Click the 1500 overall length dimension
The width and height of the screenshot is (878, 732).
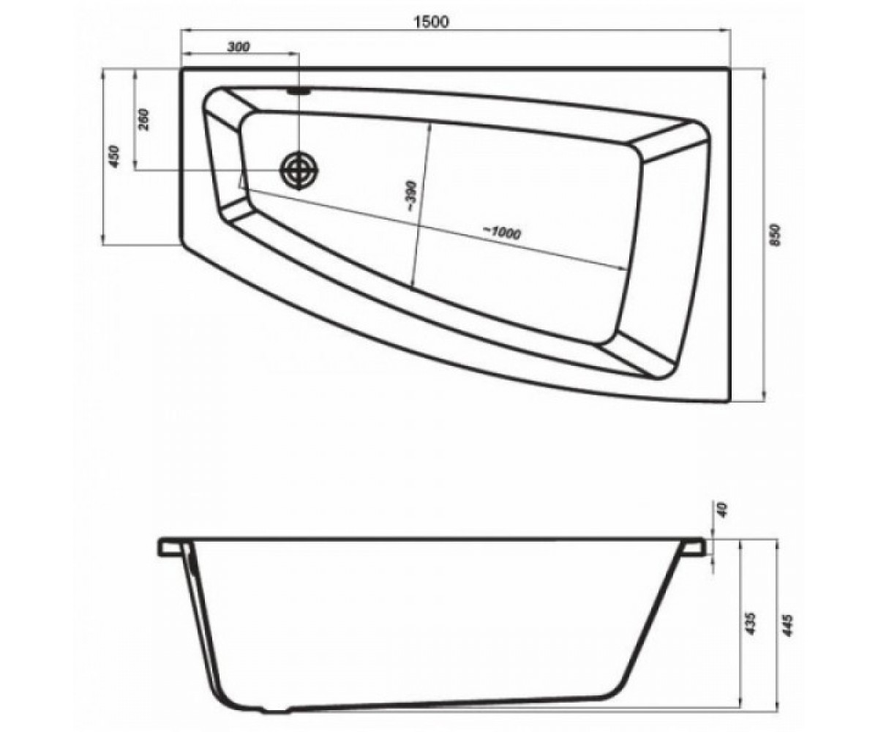[x=432, y=21]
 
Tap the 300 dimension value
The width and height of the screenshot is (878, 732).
[x=239, y=46]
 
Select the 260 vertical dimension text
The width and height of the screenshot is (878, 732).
[x=144, y=119]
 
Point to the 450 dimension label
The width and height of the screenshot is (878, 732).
[x=114, y=156]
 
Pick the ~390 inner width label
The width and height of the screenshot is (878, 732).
[x=410, y=196]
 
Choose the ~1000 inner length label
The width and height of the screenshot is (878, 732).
[x=501, y=233]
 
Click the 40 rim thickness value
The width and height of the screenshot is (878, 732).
[x=722, y=510]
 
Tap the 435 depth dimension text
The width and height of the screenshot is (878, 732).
[x=749, y=623]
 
